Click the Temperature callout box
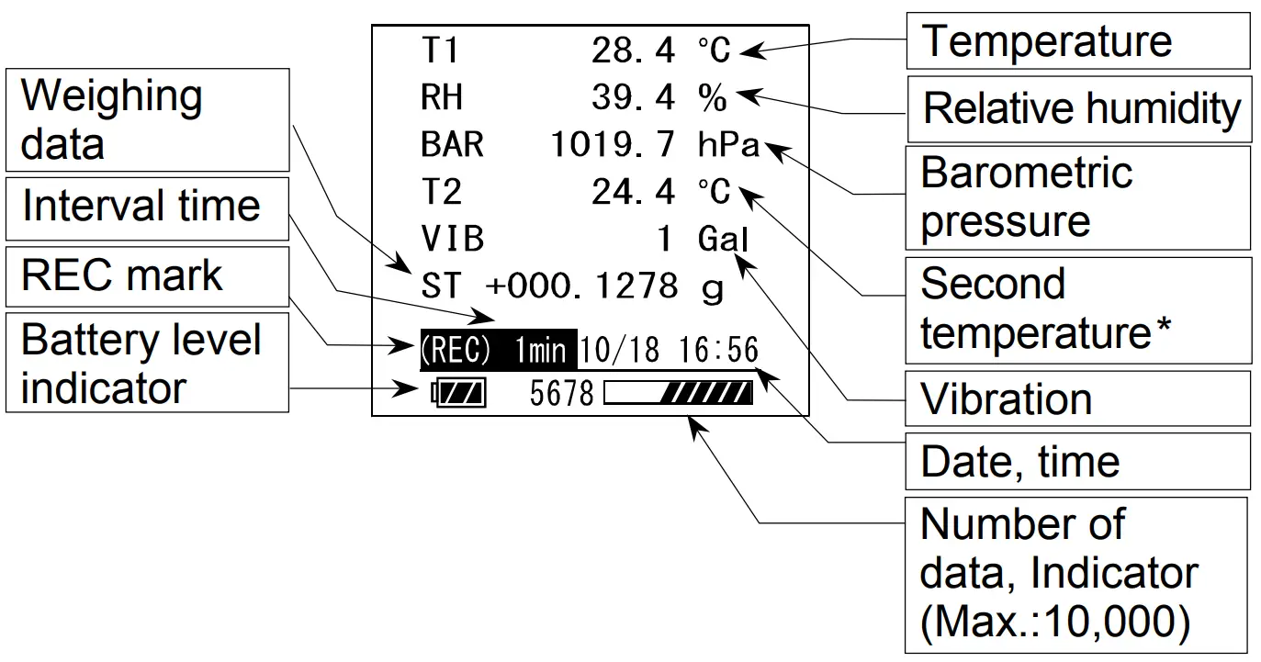(1077, 41)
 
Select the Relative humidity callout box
(1079, 108)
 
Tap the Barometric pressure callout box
(1077, 197)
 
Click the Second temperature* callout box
(1077, 309)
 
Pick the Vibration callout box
(1077, 399)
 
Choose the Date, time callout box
(1077, 462)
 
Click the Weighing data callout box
(147, 120)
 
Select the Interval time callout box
(147, 206)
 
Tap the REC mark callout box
(147, 275)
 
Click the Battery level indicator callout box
(147, 364)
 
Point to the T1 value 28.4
(633, 50)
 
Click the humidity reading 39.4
(633, 97)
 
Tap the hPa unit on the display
(728, 144)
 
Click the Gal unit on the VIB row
(724, 239)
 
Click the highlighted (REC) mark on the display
(456, 350)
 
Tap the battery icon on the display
(459, 394)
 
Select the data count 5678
(562, 394)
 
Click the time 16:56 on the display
(719, 350)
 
